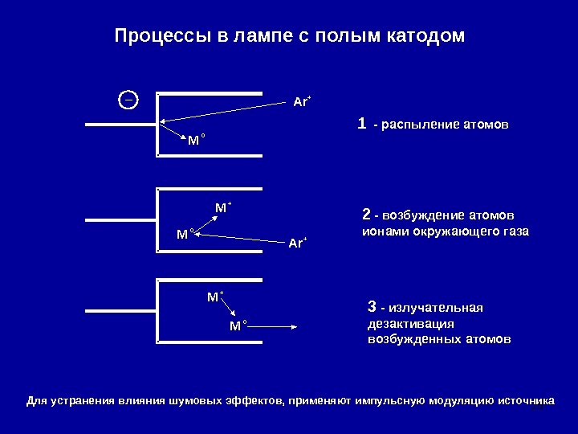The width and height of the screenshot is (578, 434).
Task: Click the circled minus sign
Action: click(128, 100)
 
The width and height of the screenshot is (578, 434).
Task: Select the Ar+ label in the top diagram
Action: click(302, 102)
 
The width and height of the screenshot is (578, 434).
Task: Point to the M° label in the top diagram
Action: click(196, 141)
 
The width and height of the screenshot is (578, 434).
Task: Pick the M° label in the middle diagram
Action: click(185, 234)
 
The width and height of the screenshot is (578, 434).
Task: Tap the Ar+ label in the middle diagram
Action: click(297, 242)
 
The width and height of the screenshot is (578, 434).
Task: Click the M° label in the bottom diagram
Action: click(238, 325)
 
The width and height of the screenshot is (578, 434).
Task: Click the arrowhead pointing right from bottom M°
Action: click(295, 326)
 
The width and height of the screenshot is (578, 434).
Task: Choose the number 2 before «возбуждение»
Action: click(366, 215)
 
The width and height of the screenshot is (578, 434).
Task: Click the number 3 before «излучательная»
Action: click(371, 307)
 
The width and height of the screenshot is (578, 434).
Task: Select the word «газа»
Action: click(515, 231)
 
